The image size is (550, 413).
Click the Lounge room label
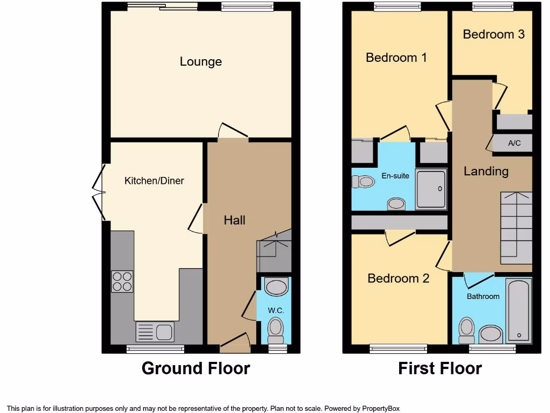point(200,62)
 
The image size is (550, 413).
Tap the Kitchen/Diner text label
point(154,181)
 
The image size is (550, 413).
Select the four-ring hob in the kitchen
point(122,281)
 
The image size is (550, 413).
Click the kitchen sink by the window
point(155,331)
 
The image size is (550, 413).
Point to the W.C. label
point(276,311)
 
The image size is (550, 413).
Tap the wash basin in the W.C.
point(276,287)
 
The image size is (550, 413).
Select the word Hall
point(235,220)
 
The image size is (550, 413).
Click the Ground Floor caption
point(196,368)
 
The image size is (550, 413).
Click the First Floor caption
point(439,368)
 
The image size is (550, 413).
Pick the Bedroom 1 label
point(396,58)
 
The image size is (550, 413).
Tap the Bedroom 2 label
point(398,279)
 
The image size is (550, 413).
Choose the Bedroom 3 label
point(493,34)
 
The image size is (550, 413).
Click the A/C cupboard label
point(514,144)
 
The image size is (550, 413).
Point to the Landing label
point(486,172)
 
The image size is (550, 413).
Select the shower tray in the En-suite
point(431,189)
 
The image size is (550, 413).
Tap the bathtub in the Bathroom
point(519,310)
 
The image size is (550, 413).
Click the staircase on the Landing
point(516,229)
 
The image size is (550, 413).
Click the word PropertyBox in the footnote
point(381,409)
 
